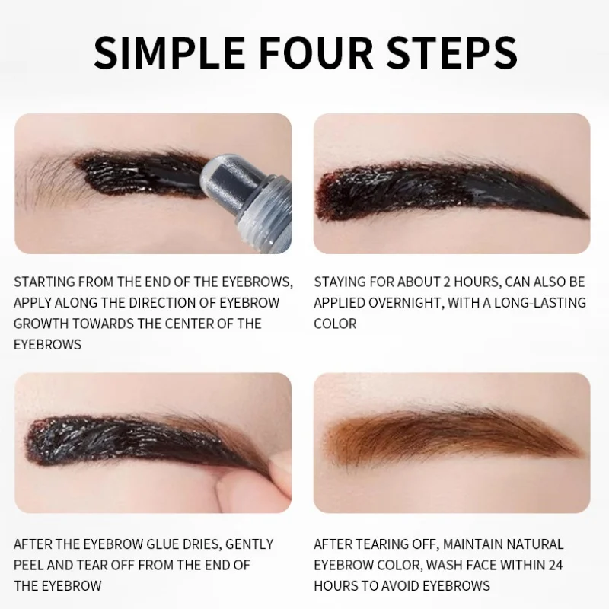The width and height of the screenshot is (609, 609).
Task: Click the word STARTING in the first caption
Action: coord(46,282)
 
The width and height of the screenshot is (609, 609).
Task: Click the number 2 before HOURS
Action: coord(448,282)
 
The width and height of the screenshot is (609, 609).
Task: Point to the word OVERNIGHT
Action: coord(419,302)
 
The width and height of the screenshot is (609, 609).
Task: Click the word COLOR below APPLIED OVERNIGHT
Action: coord(335,323)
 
